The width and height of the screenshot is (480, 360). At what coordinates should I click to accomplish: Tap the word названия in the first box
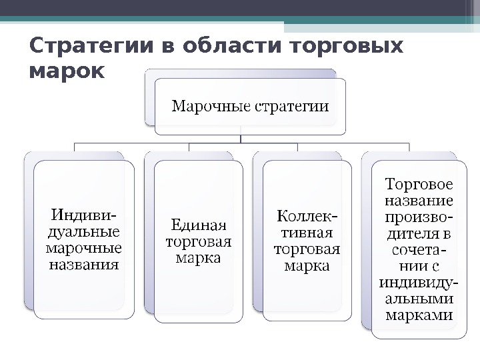[x=83, y=265]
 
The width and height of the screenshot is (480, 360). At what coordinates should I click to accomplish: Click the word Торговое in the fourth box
[x=419, y=183]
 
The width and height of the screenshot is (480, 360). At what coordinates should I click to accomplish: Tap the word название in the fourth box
[x=419, y=199]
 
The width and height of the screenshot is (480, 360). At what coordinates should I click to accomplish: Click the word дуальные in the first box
[x=83, y=232]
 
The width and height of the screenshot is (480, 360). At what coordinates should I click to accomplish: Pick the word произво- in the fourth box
[x=419, y=216]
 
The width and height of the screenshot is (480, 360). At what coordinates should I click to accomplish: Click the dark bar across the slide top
[x=240, y=8]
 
